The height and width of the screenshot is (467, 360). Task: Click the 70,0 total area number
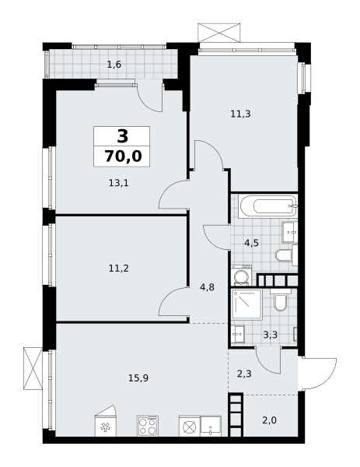(x=123, y=156)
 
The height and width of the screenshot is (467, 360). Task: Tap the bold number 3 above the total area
(x=123, y=136)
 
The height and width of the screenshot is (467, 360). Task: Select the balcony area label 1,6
(x=114, y=65)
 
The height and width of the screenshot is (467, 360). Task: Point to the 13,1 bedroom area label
(x=119, y=183)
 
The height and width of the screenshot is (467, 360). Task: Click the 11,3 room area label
(x=241, y=114)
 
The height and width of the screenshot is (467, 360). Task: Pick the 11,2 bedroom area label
(x=119, y=269)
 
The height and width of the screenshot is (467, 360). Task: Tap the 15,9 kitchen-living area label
(x=138, y=378)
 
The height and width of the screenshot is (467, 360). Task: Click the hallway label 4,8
(x=208, y=288)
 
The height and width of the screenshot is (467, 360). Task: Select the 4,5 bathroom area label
(x=251, y=244)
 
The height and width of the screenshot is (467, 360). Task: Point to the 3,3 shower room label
(x=271, y=335)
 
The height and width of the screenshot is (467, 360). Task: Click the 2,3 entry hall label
(x=244, y=374)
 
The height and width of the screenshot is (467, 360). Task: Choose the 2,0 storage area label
(x=270, y=420)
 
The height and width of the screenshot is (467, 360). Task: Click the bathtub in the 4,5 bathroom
(x=268, y=205)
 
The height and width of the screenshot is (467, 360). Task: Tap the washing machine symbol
(x=241, y=276)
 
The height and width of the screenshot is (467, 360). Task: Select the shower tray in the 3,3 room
(x=246, y=304)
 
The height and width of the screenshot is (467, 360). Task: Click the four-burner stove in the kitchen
(x=148, y=427)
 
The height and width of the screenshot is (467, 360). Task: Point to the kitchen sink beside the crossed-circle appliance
(x=211, y=427)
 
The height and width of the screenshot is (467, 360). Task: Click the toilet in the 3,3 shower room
(x=281, y=300)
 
